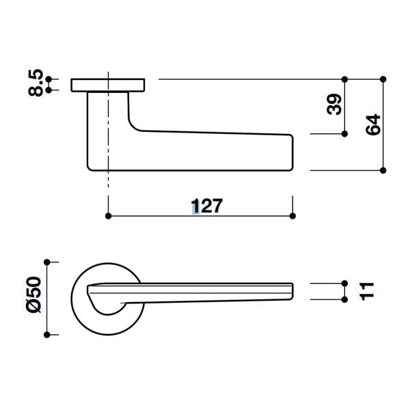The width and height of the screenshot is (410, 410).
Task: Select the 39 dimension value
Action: [x=333, y=105]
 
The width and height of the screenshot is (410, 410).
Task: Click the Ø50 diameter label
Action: [x=35, y=297]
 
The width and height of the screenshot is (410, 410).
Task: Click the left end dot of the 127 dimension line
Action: [x=108, y=216]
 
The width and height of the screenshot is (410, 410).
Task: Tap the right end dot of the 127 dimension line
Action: [x=292, y=216]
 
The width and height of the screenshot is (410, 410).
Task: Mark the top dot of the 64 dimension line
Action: [x=383, y=79]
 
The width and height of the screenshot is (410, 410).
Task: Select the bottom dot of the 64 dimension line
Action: [x=383, y=169]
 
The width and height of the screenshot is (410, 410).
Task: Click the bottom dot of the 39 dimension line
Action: [x=344, y=135]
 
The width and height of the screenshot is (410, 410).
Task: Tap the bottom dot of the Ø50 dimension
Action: [x=46, y=335]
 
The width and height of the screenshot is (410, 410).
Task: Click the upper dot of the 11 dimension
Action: [x=344, y=282]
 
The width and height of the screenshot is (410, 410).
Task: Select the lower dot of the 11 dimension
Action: [x=344, y=299]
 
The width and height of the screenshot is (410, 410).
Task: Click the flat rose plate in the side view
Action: [x=108, y=85]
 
